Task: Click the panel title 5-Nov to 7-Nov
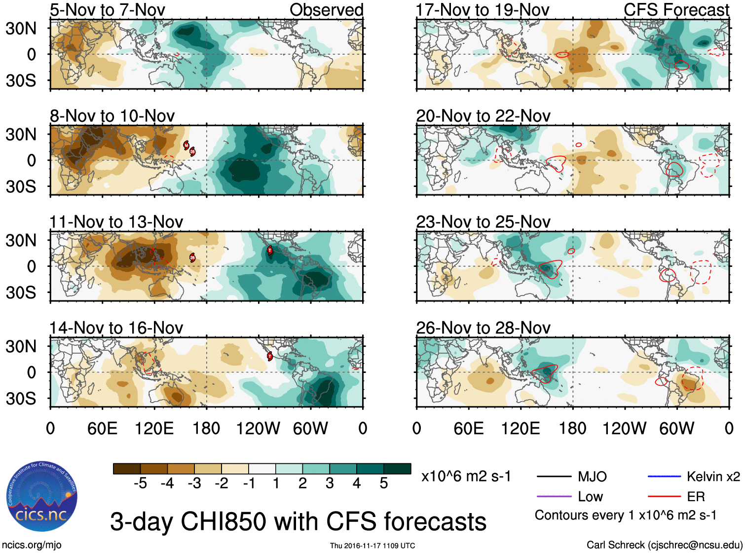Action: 108,10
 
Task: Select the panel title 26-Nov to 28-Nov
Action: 483,328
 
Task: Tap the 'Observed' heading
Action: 326,10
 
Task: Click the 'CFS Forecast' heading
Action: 676,10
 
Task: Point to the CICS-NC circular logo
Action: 42,496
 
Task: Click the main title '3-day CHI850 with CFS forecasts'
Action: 298,521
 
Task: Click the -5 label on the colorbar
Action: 140,483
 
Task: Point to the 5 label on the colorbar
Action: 384,483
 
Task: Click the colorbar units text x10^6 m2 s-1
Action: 466,476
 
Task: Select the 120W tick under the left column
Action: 258,428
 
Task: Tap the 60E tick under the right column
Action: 468,428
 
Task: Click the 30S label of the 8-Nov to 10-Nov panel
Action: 21,186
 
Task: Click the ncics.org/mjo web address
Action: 32,545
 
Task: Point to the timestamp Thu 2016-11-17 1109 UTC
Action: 372,546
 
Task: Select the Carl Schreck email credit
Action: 664,545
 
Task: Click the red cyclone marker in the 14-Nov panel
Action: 270,356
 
